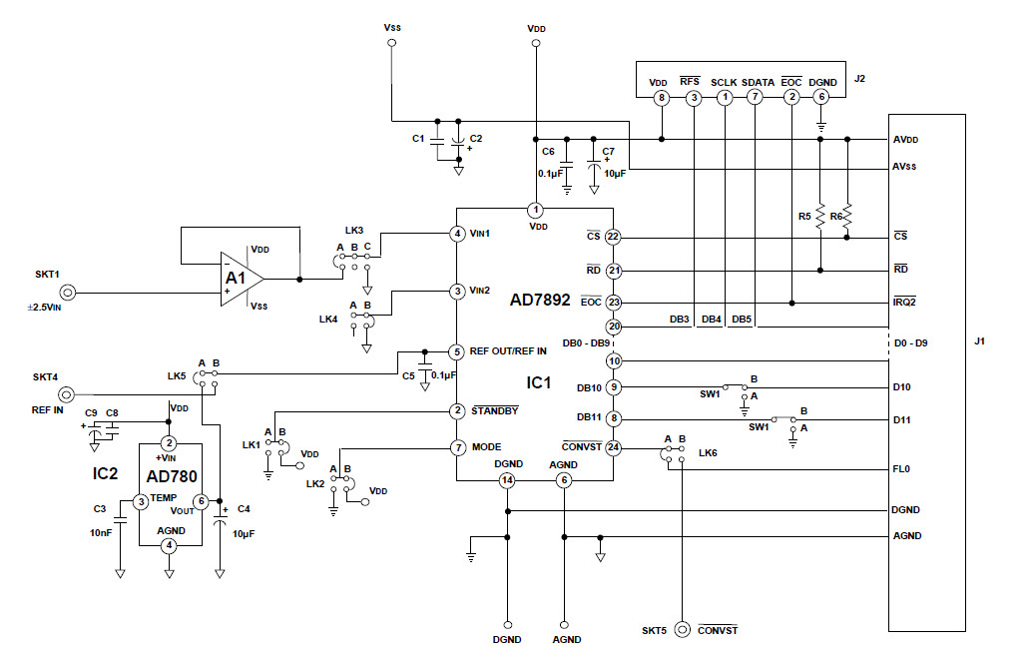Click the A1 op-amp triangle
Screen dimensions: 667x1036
coord(240,277)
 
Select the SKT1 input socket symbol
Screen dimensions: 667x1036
coord(68,293)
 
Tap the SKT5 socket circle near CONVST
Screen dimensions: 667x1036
coord(683,630)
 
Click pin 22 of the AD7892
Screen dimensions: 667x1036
coord(613,238)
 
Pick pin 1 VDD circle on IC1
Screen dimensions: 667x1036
coord(536,210)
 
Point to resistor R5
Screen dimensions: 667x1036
coord(819,217)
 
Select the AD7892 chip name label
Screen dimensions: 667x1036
coord(540,299)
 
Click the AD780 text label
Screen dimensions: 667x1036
coord(172,475)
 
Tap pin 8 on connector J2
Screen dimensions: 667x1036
coord(661,97)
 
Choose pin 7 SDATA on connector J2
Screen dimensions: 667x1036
coord(756,97)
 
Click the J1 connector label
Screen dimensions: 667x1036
coord(981,342)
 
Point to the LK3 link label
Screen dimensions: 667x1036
coord(354,230)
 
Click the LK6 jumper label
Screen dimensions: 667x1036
coord(707,453)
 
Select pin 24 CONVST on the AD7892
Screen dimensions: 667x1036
coord(613,447)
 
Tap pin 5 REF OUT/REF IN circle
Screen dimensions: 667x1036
coord(457,351)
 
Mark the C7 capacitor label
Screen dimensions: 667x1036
coord(608,151)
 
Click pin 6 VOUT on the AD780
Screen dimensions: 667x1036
coord(202,501)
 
